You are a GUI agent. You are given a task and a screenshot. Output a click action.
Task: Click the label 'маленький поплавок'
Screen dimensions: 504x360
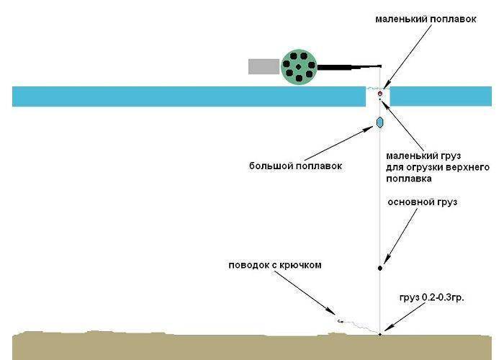426,19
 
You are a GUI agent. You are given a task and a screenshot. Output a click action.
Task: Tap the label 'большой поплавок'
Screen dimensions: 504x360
295,166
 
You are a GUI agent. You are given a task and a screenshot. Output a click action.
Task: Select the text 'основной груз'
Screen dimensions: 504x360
423,202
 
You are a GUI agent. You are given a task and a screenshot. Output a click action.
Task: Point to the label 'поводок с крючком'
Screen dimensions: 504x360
275,265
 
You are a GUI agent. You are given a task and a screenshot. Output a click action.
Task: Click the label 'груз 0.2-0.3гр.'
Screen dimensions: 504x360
432,297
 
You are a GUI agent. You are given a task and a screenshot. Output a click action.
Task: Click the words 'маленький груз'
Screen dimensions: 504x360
423,156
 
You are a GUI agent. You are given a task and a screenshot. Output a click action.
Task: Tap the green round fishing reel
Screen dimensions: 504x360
299,67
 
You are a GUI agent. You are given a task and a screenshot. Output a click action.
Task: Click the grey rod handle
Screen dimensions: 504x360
264,66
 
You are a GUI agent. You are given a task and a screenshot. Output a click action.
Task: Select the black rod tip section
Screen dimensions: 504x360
349,67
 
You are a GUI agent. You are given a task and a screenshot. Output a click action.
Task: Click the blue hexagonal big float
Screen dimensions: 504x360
380,122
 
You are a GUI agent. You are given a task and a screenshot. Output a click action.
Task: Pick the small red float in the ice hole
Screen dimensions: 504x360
380,94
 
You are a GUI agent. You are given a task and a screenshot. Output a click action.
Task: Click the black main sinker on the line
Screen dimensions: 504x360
380,268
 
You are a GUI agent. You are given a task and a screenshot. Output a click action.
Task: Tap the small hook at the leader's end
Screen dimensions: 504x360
341,321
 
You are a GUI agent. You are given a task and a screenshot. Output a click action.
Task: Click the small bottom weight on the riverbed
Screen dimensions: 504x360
380,335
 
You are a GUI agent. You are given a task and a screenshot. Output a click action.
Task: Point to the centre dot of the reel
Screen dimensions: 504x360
298,67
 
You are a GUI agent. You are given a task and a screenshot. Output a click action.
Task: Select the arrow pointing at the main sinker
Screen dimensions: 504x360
402,236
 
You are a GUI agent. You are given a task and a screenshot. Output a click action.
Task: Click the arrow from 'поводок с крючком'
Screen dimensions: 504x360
305,292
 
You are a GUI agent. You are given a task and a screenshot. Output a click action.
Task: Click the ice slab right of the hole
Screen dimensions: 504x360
441,96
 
